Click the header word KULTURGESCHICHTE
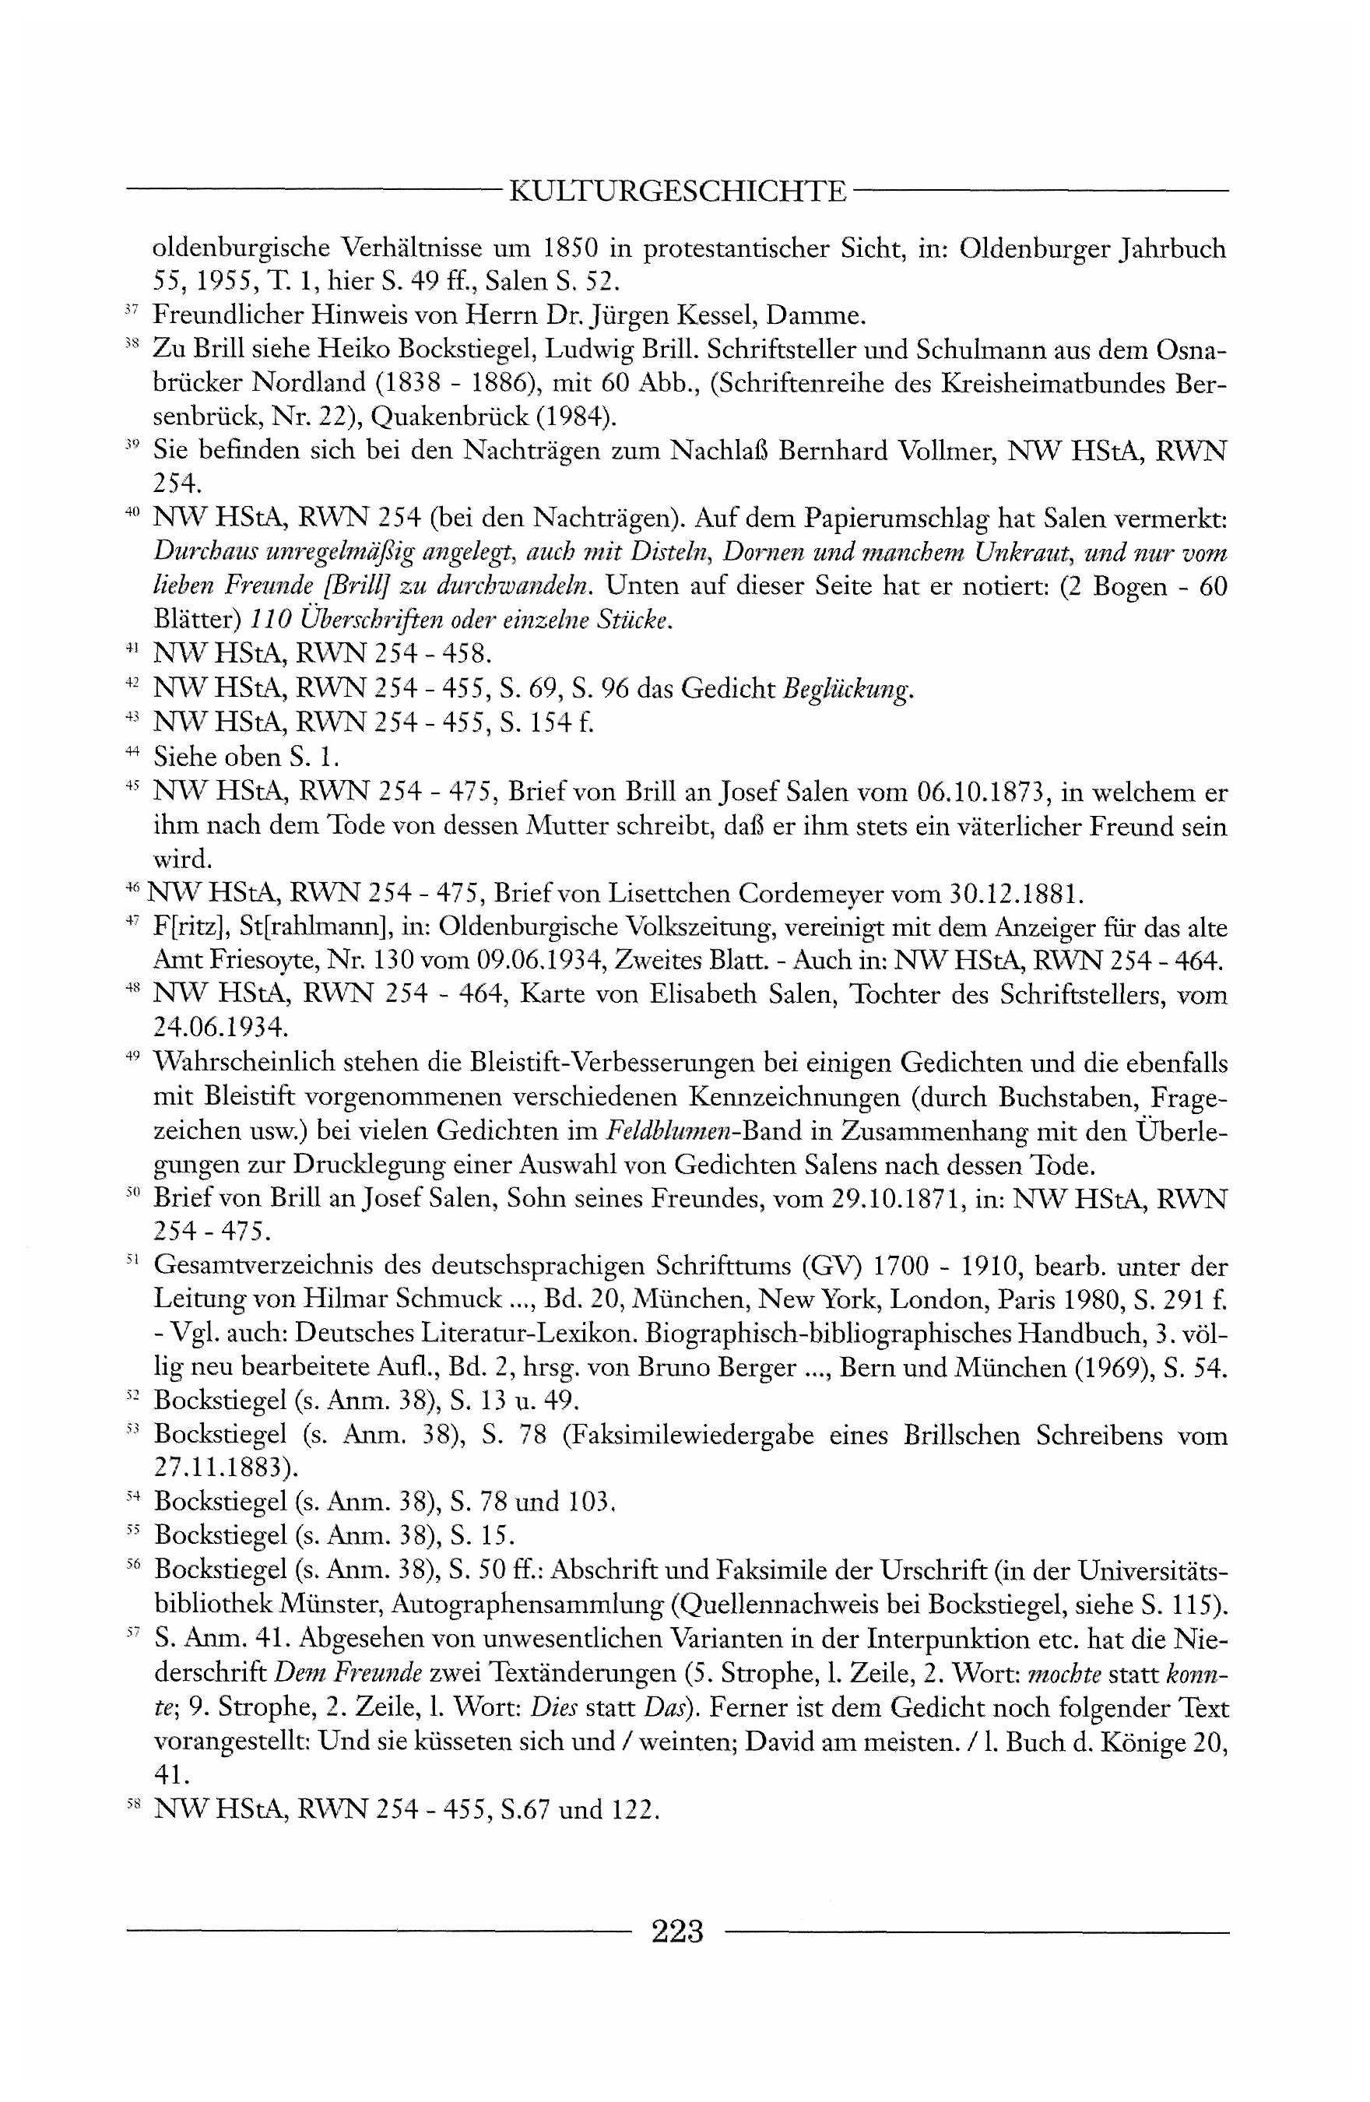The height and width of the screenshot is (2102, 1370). point(678,191)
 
